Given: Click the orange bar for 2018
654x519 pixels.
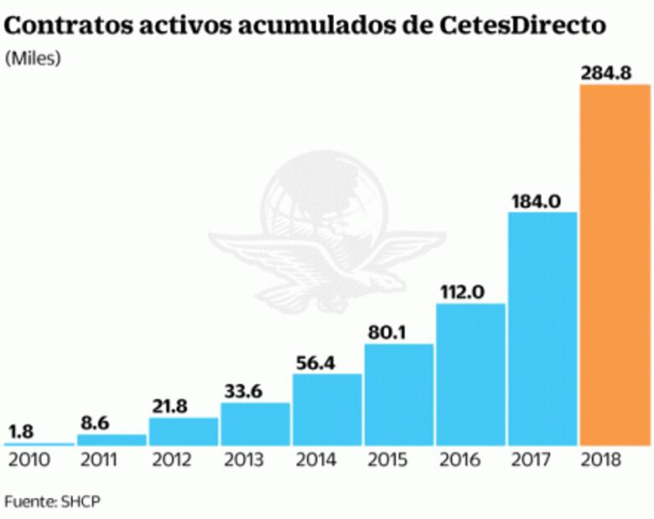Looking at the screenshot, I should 615,264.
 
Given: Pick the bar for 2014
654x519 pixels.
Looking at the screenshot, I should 327,409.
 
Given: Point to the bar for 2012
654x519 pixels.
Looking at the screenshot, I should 183,431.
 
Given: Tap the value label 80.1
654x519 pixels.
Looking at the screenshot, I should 387,331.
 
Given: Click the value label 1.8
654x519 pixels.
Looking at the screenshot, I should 22,431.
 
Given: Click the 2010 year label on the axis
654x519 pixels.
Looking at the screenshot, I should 29,460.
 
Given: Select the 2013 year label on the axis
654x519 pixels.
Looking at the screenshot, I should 244,460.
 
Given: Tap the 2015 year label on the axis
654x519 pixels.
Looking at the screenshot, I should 387,460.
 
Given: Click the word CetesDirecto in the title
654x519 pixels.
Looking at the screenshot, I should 524,26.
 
